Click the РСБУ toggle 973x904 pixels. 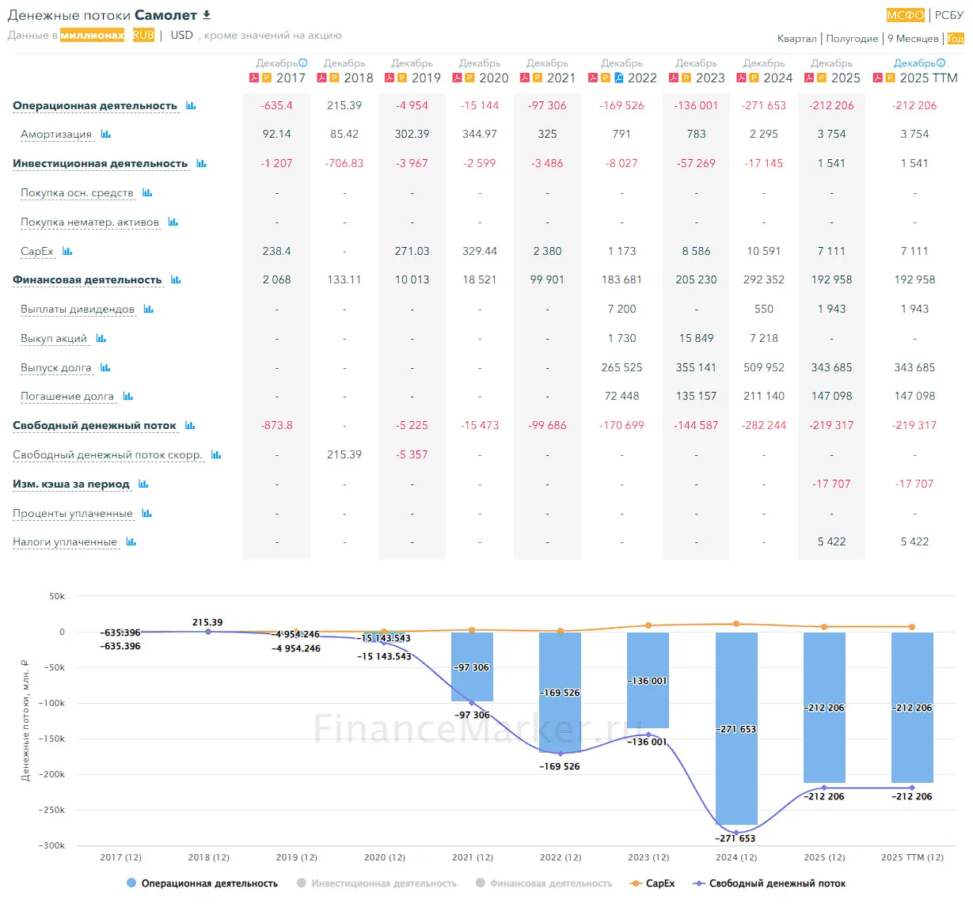point(948,15)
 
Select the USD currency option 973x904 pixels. point(181,36)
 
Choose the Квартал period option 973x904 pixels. point(796,38)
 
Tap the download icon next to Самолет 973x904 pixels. point(207,15)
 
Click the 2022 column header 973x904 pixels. point(642,78)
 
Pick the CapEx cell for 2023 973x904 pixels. point(696,251)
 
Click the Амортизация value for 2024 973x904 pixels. point(763,134)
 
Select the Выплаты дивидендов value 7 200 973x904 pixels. point(621,309)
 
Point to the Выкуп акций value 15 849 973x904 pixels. point(696,338)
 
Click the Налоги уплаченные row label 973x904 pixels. point(65,541)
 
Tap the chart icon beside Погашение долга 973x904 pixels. point(128,396)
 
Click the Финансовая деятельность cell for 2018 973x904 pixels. point(344,279)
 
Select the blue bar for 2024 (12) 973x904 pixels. point(735,728)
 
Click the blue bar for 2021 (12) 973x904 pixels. point(472,667)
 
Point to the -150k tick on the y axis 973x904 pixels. point(52,739)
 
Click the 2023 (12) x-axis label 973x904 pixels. point(648,857)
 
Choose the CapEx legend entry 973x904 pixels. point(652,883)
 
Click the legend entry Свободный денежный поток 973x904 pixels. point(770,883)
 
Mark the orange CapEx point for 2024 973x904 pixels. point(735,624)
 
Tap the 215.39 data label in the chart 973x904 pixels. point(207,622)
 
